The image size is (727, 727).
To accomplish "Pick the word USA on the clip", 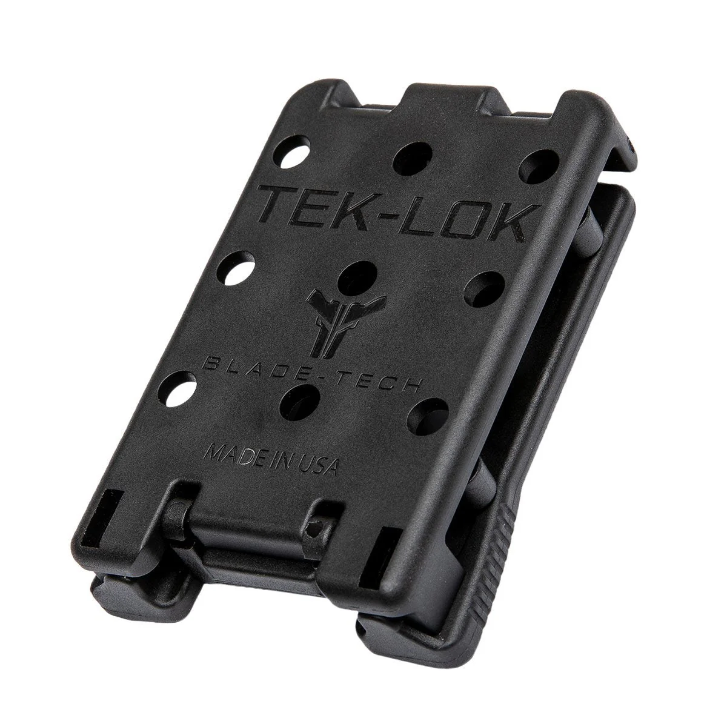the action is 318,466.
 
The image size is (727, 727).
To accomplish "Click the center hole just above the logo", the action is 357,279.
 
